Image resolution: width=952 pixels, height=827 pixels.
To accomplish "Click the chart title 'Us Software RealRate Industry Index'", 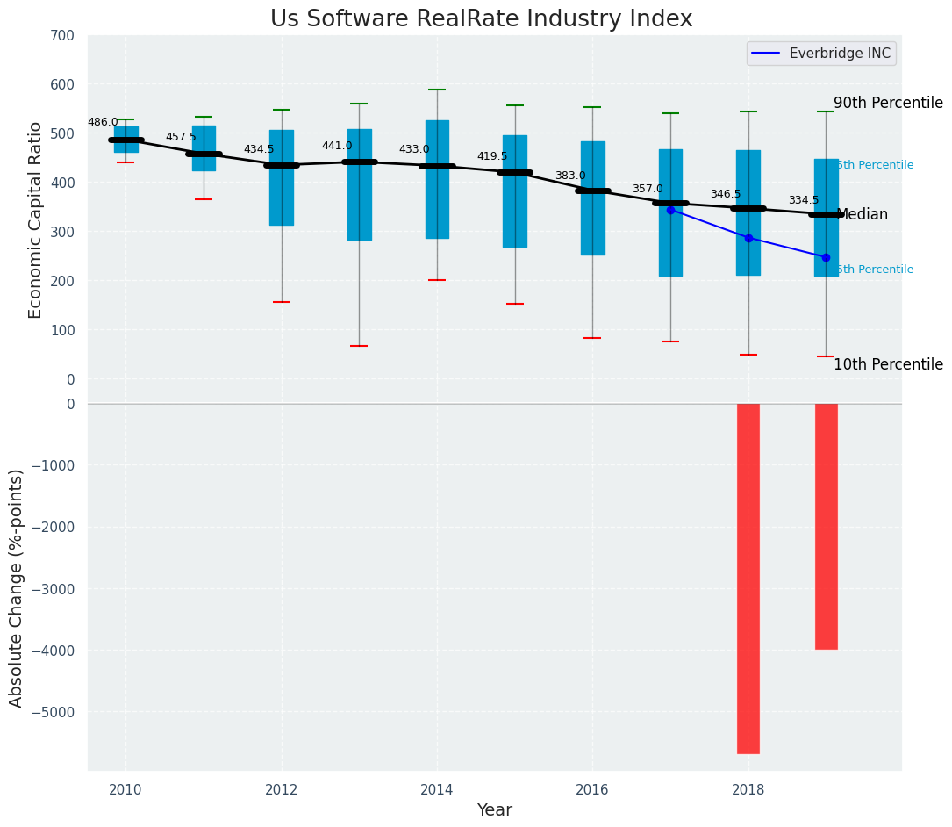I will click(x=481, y=19).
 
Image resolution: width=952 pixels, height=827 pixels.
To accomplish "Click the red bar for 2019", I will click(x=826, y=526).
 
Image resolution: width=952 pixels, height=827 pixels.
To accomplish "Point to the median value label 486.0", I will click(x=103, y=122).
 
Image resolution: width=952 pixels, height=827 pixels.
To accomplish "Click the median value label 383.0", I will click(x=569, y=176).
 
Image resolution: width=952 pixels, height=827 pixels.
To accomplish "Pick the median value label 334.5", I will click(x=803, y=200).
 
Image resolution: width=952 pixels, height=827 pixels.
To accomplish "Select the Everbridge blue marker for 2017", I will click(x=670, y=210).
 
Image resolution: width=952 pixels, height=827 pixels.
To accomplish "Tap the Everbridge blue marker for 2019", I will click(x=826, y=257).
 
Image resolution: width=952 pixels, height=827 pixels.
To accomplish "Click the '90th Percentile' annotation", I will click(x=888, y=103).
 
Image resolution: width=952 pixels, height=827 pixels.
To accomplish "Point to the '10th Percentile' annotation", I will click(x=888, y=364).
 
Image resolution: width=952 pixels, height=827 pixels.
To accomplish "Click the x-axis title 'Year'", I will click(x=494, y=810).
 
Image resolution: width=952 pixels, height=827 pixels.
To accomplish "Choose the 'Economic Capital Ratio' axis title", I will click(x=36, y=219).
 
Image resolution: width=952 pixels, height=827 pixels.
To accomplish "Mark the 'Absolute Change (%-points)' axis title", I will click(x=17, y=587).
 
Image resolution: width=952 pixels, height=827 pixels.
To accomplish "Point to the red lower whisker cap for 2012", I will click(x=282, y=302).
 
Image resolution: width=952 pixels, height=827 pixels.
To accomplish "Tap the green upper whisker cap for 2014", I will click(x=437, y=90).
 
